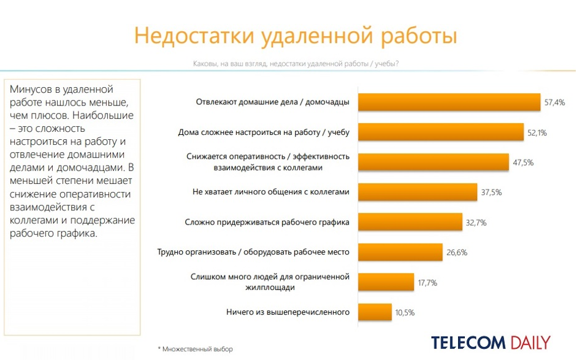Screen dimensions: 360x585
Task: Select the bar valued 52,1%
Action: pos(440,132)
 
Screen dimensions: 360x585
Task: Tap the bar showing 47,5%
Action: pos(434,162)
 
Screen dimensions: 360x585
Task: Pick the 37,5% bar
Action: pos(418,192)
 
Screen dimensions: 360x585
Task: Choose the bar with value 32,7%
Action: pos(410,222)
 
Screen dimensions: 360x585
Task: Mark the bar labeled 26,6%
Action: pos(400,251)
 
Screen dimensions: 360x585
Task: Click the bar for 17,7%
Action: pos(386,281)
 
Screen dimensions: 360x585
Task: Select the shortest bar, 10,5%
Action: pos(375,312)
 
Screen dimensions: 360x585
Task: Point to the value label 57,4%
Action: pos(554,102)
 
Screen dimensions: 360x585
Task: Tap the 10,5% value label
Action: pos(405,312)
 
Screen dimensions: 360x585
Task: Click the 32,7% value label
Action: pos(476,223)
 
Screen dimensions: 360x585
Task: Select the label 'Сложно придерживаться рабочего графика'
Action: pos(267,222)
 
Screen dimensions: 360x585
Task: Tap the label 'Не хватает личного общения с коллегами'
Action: pos(271,192)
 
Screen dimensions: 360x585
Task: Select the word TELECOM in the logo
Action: pos(468,342)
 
